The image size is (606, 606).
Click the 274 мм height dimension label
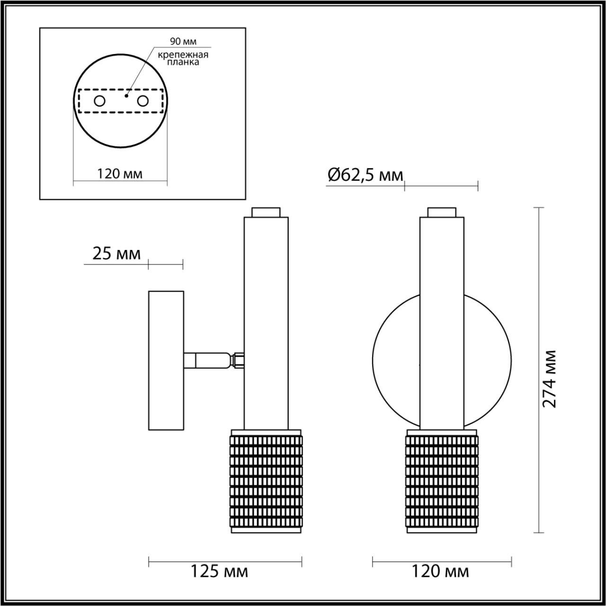click(x=549, y=379)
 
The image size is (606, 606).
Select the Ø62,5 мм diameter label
click(x=365, y=176)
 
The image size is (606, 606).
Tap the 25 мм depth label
click(x=116, y=254)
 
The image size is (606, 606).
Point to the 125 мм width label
click(x=219, y=571)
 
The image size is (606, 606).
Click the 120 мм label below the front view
click(x=440, y=571)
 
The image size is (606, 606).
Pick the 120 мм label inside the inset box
click(x=120, y=174)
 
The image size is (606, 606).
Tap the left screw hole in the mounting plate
click(x=99, y=101)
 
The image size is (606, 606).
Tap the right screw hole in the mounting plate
click(x=143, y=101)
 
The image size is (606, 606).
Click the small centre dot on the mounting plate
click(x=125, y=96)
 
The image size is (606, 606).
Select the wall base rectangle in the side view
click(x=166, y=361)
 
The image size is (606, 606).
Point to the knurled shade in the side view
click(x=266, y=481)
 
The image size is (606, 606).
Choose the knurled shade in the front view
click(x=442, y=481)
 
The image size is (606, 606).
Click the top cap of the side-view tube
click(x=266, y=212)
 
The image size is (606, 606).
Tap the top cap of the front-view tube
click(x=442, y=212)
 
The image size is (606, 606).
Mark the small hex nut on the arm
click(x=238, y=360)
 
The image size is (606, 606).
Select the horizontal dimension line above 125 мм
click(x=225, y=562)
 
